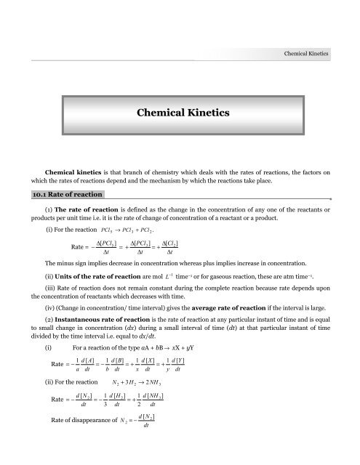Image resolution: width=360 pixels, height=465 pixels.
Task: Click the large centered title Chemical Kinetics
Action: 180,113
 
